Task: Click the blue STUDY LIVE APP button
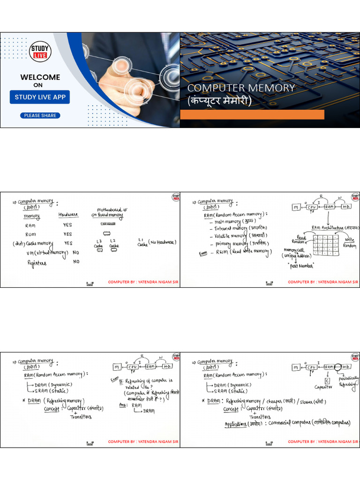40,97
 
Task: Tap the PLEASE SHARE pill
40,115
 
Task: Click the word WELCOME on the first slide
40,77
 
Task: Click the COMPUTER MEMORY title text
241,88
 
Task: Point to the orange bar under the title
252,115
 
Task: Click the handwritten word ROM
30,234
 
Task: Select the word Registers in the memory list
37,263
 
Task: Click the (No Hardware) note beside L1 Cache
162,242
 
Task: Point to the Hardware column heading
68,215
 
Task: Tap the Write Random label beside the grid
349,243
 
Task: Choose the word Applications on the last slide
238,423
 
